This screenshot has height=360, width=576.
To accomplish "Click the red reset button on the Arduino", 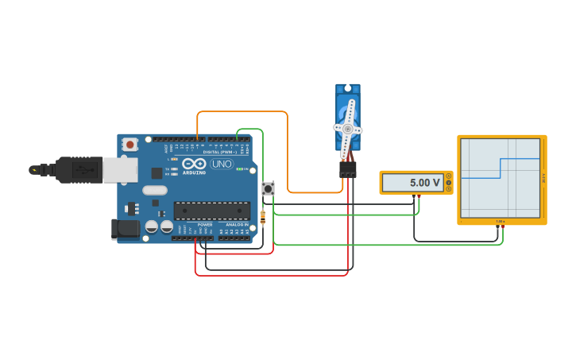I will (130, 144).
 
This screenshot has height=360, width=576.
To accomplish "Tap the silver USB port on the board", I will (119, 169).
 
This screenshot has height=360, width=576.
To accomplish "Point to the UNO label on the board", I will (222, 164).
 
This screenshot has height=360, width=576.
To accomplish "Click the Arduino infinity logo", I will (194, 163).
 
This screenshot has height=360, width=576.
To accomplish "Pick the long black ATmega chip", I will (212, 211).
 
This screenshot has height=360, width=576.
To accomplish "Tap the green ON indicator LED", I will (238, 169).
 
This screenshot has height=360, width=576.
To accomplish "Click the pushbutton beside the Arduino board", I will (269, 188).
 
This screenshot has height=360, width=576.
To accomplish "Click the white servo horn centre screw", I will (347, 128).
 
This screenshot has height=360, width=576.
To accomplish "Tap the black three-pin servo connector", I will (347, 169).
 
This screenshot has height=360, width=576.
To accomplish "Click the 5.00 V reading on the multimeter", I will (424, 183).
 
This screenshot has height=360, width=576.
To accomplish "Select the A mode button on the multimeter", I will (449, 176).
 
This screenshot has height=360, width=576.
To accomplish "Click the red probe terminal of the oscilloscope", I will (503, 227).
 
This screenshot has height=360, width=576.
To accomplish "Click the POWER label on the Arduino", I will (205, 225).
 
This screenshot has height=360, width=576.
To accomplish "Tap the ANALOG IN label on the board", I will (238, 225).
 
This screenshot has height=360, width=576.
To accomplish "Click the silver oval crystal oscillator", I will (155, 190).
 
